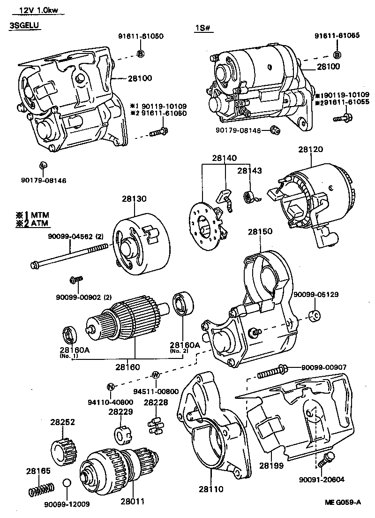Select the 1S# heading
204,28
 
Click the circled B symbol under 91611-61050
140,53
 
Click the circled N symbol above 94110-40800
111,387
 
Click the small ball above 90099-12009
67,484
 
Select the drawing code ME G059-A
343,503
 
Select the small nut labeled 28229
122,434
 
